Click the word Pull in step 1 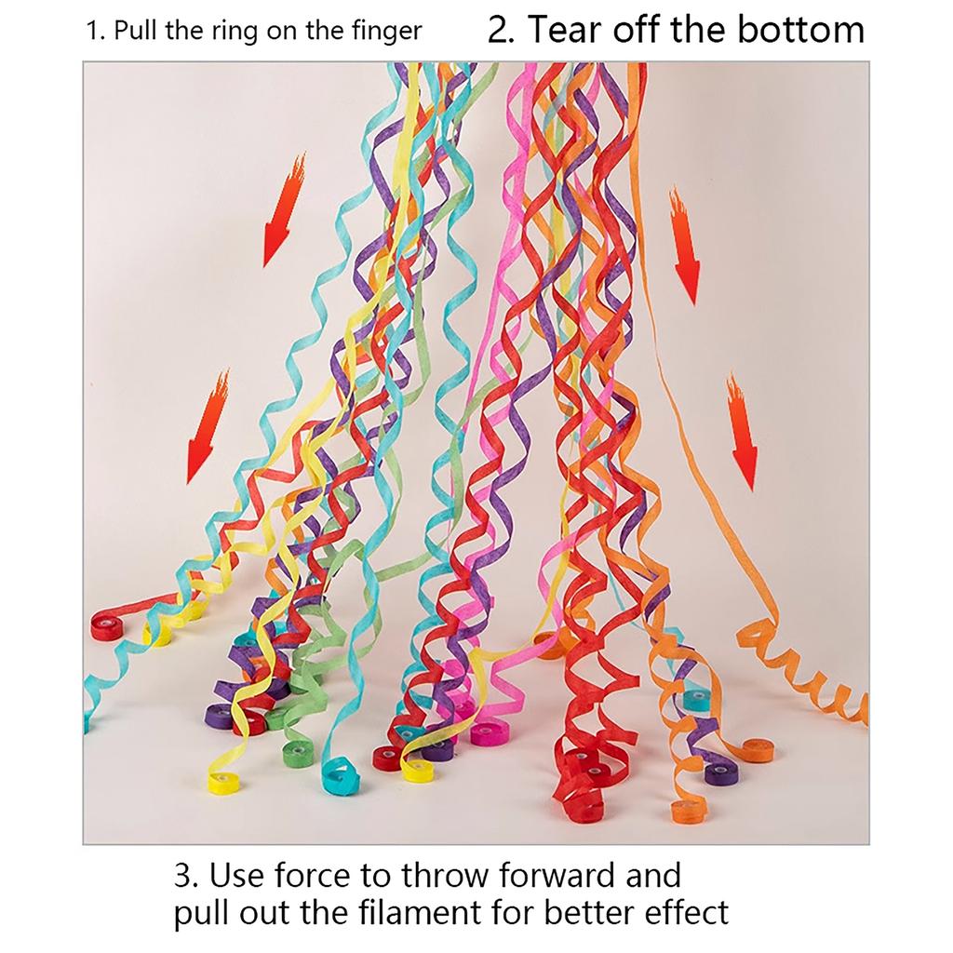click(x=135, y=32)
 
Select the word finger click(x=386, y=32)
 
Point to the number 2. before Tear click(x=503, y=30)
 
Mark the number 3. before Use click(x=186, y=876)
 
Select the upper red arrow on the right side click(x=684, y=247)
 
